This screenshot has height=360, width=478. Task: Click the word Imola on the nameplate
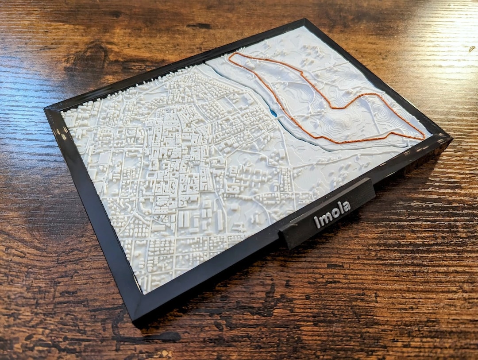point(332,214)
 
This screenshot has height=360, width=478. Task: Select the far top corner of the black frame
point(305,20)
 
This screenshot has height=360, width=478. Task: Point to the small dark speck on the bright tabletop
point(472,49)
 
